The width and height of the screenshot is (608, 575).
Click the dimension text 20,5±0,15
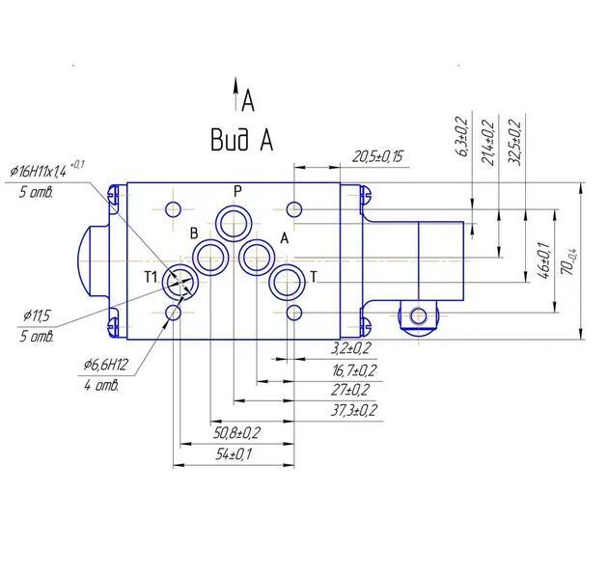pos(377,157)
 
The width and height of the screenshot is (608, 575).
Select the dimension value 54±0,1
pos(234,453)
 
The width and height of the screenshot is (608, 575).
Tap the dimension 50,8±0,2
pos(236,433)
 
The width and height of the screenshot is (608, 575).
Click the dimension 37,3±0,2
pos(353,410)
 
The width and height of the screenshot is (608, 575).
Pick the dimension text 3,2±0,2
pos(351,348)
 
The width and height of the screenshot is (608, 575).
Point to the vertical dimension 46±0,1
pos(544,260)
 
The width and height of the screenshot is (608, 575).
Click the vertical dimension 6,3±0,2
pos(462,136)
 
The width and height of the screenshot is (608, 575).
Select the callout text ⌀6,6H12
pos(105,365)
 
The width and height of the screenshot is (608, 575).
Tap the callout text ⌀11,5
pos(37,316)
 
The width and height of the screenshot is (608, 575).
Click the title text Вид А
pos(242,140)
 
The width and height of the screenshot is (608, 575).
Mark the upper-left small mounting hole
pos(173,209)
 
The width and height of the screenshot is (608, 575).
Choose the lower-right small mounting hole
pos(294,313)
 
